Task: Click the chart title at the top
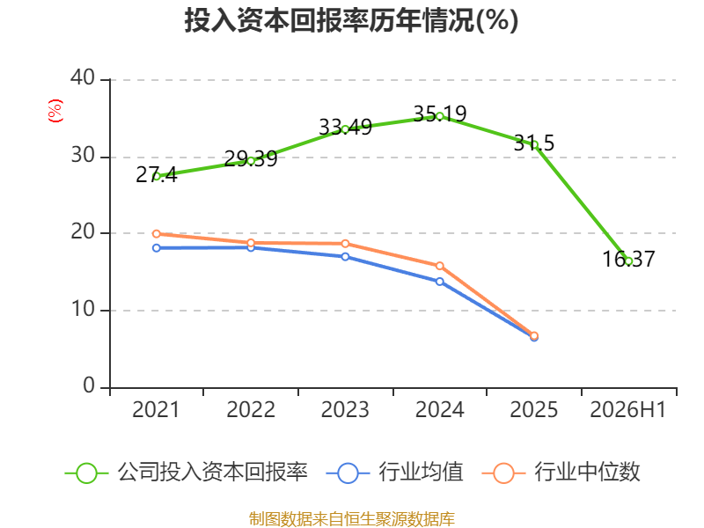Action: point(351,20)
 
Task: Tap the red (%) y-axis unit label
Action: point(55,111)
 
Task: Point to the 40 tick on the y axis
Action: point(83,77)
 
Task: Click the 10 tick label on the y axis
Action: point(83,309)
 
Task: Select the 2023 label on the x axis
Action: point(345,409)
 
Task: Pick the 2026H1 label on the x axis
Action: point(627,409)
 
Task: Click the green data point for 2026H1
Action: point(628,261)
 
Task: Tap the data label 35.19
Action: point(439,114)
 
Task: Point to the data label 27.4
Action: point(157,174)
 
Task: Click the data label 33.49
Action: point(345,127)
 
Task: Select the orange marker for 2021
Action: point(157,234)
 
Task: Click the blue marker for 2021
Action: point(157,248)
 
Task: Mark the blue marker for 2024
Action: point(439,282)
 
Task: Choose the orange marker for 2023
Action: point(345,244)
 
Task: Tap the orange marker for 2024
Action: point(439,267)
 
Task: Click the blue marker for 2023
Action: point(345,257)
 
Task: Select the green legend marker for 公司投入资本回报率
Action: point(86,473)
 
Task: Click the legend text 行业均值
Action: point(421,473)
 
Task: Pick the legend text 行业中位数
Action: point(587,473)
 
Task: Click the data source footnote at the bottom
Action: point(352,519)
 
